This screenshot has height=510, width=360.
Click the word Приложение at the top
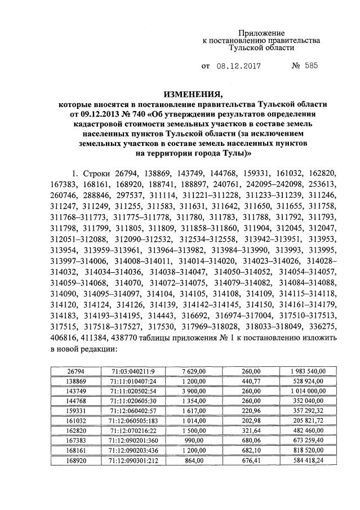point(261,33)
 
